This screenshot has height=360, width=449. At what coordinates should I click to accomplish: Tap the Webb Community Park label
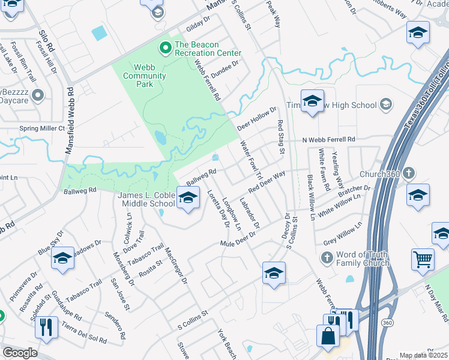[144, 71]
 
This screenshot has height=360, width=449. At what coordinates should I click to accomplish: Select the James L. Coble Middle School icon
[188, 198]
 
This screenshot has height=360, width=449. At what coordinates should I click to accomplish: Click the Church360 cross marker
[408, 174]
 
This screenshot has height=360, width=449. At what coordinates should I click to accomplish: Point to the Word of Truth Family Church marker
[327, 258]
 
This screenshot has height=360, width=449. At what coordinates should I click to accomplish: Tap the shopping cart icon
[423, 259]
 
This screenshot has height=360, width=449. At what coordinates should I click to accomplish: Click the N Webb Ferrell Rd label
[328, 139]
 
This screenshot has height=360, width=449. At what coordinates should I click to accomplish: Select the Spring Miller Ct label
[41, 128]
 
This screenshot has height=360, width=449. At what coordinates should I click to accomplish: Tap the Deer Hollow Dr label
[256, 118]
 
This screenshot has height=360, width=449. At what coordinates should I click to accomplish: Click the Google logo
[20, 353]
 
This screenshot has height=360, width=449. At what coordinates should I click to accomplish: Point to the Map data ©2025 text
[424, 355]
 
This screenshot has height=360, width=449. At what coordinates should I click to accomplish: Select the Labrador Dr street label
[249, 213]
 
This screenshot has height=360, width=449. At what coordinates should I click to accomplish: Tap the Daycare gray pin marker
[38, 95]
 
